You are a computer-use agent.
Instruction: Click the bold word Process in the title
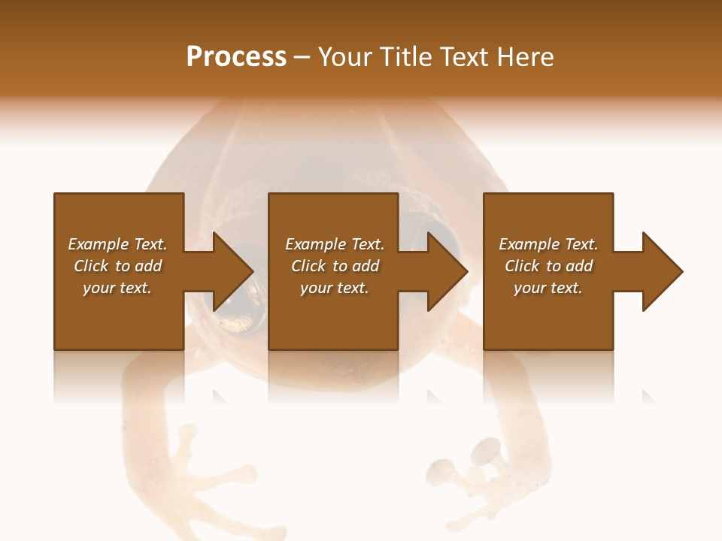click(x=236, y=57)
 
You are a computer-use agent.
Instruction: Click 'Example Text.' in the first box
click(x=117, y=244)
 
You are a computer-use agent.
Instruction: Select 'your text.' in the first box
click(x=117, y=288)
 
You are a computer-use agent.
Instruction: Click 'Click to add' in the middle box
click(x=335, y=266)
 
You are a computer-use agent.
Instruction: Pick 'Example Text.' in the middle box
click(x=335, y=244)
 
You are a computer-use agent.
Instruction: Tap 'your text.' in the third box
click(x=548, y=288)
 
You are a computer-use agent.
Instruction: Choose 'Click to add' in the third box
click(x=548, y=266)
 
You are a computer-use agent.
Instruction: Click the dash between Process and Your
click(x=302, y=57)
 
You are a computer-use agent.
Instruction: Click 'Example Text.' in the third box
click(x=548, y=244)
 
